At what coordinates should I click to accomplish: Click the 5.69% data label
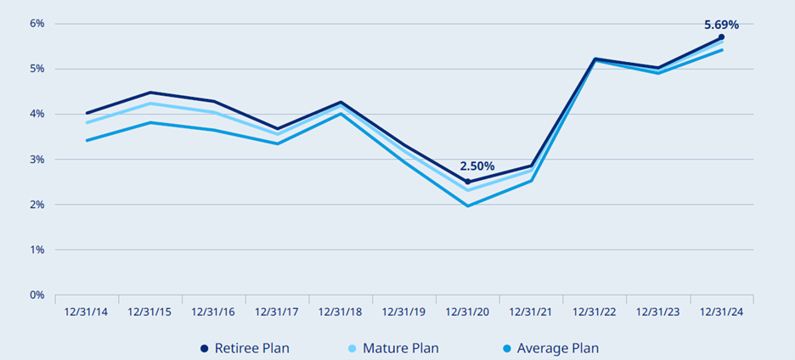coord(721,25)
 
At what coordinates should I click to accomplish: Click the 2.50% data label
coord(476,166)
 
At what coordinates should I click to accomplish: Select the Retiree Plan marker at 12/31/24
coord(721,37)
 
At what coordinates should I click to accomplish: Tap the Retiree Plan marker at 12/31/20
coord(468,182)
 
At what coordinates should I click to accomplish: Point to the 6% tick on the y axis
coord(37,23)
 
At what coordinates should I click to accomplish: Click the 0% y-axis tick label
coord(37,295)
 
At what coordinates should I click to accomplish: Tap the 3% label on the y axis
coord(37,160)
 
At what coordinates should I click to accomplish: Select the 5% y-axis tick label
coord(37,69)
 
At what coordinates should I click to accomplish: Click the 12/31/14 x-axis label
coord(86,312)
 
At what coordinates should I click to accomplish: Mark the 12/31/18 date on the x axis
coord(341,312)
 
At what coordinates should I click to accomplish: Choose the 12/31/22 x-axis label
coord(595,312)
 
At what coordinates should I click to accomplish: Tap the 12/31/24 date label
coord(721,312)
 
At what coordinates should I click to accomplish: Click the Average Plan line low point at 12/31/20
coord(468,205)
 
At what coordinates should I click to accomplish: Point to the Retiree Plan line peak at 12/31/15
coord(149,93)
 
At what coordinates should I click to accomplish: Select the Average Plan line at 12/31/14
coord(86,140)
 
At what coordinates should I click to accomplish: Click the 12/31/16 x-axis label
coord(213,312)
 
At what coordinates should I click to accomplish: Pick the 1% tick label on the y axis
coord(37,250)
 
